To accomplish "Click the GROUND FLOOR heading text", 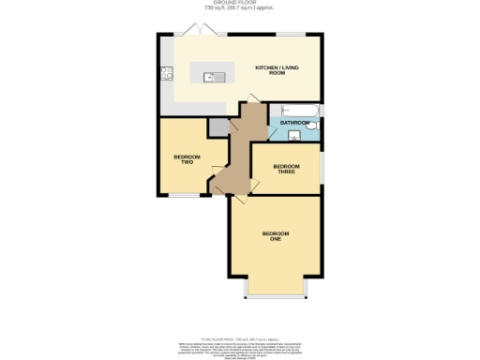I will pyautogui.click(x=239, y=5).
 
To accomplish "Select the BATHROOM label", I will pyautogui.click(x=294, y=123).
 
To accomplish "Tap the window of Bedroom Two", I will pyautogui.click(x=184, y=195).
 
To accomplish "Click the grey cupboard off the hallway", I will pyautogui.click(x=217, y=127).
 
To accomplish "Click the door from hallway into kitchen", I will pyautogui.click(x=250, y=102).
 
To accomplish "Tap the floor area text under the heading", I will pyautogui.click(x=239, y=11).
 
